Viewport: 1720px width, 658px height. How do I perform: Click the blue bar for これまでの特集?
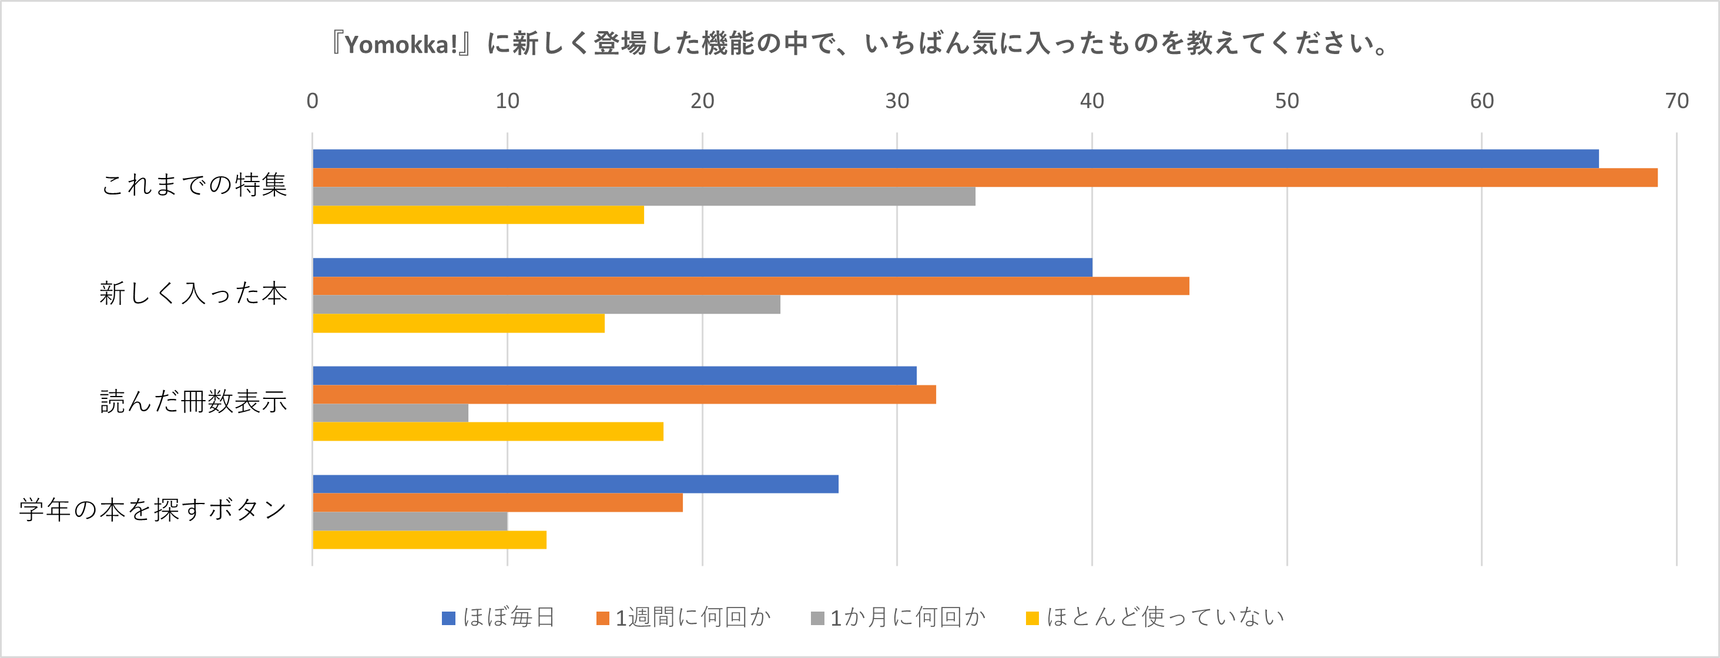pos(955,159)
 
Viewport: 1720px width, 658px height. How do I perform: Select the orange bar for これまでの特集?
pos(985,177)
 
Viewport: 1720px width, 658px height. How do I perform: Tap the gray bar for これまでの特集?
pos(643,196)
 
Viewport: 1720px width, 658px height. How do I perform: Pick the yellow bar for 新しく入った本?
pos(459,324)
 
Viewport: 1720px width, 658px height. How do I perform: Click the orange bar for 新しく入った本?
pos(750,286)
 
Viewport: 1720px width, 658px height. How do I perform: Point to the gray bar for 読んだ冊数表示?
pos(391,413)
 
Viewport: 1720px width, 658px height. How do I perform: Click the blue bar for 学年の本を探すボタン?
pos(575,485)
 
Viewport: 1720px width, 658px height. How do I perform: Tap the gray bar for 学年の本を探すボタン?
pos(410,521)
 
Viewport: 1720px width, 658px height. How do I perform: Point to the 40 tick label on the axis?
pos(1092,102)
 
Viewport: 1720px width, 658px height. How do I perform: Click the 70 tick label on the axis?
pos(1676,102)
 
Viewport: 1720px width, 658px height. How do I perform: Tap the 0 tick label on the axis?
pos(313,102)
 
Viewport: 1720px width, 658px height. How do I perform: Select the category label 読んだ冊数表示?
pos(194,402)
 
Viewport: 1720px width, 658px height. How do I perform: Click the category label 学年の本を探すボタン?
pos(153,511)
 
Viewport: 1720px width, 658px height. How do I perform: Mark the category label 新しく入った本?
pos(194,294)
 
